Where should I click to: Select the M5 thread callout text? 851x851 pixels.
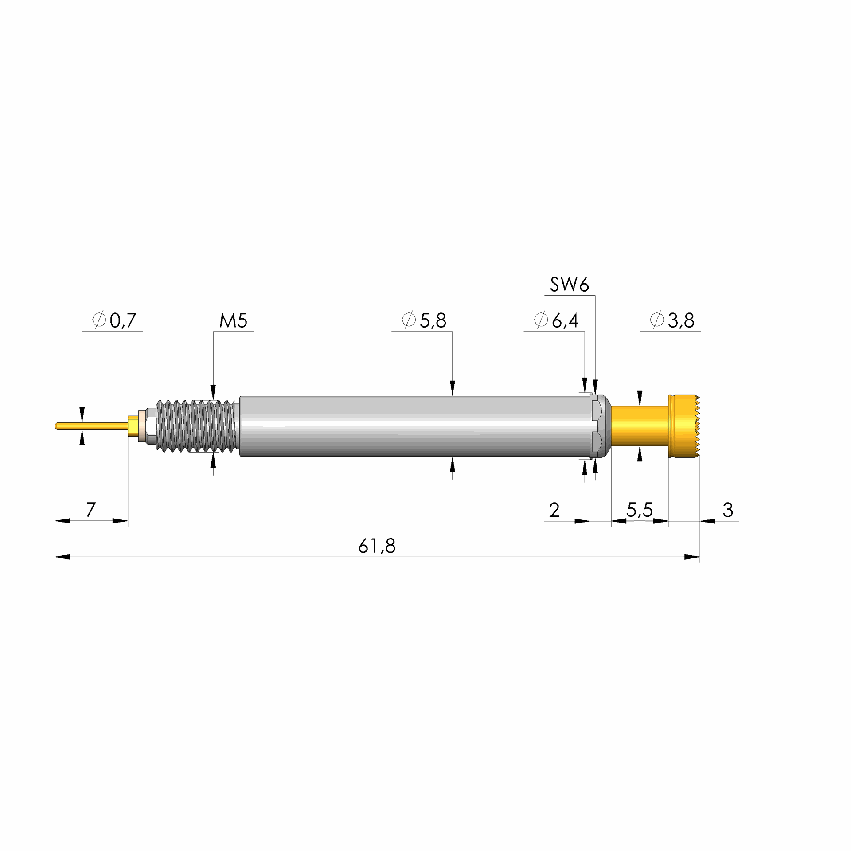coord(233,320)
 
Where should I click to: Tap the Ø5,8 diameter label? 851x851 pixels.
coord(424,320)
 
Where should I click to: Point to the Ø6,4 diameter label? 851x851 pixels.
coord(556,320)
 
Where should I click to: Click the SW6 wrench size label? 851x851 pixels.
coord(569,285)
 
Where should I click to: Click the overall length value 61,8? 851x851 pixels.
coord(377,546)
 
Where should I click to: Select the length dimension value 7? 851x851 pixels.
coord(91,510)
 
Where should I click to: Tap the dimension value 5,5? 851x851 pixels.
coord(639,510)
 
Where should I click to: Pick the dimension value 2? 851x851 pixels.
coord(554,510)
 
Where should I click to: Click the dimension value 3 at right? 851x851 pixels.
coord(728,510)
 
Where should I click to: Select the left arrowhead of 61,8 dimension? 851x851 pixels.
coord(62,557)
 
